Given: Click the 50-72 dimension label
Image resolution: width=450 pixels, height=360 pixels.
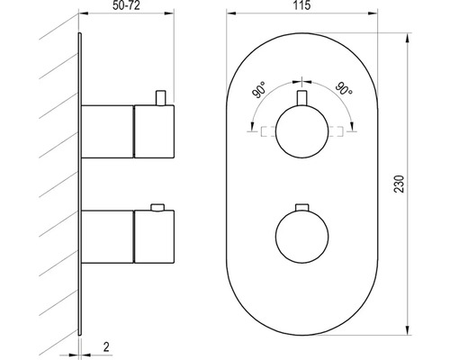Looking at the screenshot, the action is (x=126, y=5).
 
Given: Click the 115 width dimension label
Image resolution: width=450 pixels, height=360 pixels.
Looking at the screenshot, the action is (x=301, y=5).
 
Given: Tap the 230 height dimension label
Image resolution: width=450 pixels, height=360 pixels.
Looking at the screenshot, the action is (x=400, y=184).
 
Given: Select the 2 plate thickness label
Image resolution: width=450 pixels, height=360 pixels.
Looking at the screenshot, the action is (x=106, y=346).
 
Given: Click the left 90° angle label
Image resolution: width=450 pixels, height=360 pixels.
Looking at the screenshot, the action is (x=259, y=90).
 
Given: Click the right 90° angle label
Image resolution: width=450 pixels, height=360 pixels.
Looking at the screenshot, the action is (x=344, y=88).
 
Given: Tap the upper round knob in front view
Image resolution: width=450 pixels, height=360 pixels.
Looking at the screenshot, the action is (x=301, y=131).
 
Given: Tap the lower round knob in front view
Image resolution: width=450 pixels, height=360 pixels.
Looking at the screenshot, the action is (x=301, y=237).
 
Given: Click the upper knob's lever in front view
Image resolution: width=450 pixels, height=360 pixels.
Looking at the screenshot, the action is (x=301, y=98).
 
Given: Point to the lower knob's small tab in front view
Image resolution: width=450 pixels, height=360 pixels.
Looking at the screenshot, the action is (x=301, y=207).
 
